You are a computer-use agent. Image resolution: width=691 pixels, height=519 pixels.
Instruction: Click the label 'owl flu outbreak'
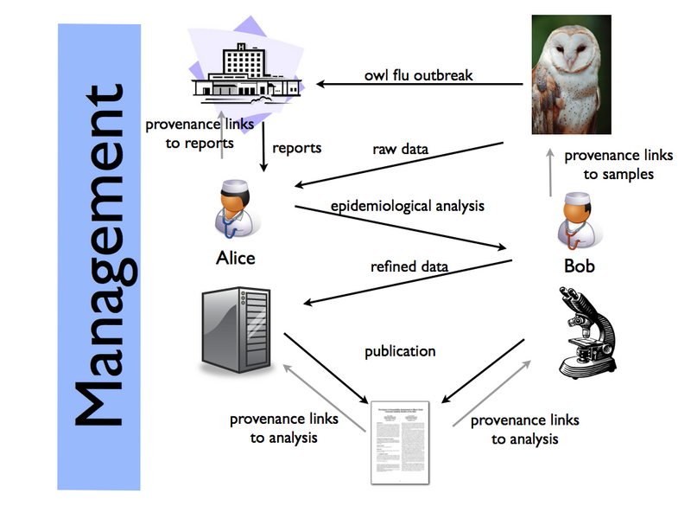tap(419, 75)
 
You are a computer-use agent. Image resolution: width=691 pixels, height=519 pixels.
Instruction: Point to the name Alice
tap(235, 258)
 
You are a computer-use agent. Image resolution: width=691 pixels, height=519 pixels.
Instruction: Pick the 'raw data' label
tap(400, 149)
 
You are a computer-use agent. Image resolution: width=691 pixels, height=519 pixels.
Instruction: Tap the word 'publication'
tap(400, 351)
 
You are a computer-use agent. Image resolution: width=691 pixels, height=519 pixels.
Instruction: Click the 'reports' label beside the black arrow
tap(296, 148)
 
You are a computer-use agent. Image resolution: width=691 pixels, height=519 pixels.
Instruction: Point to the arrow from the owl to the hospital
tap(419, 85)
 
